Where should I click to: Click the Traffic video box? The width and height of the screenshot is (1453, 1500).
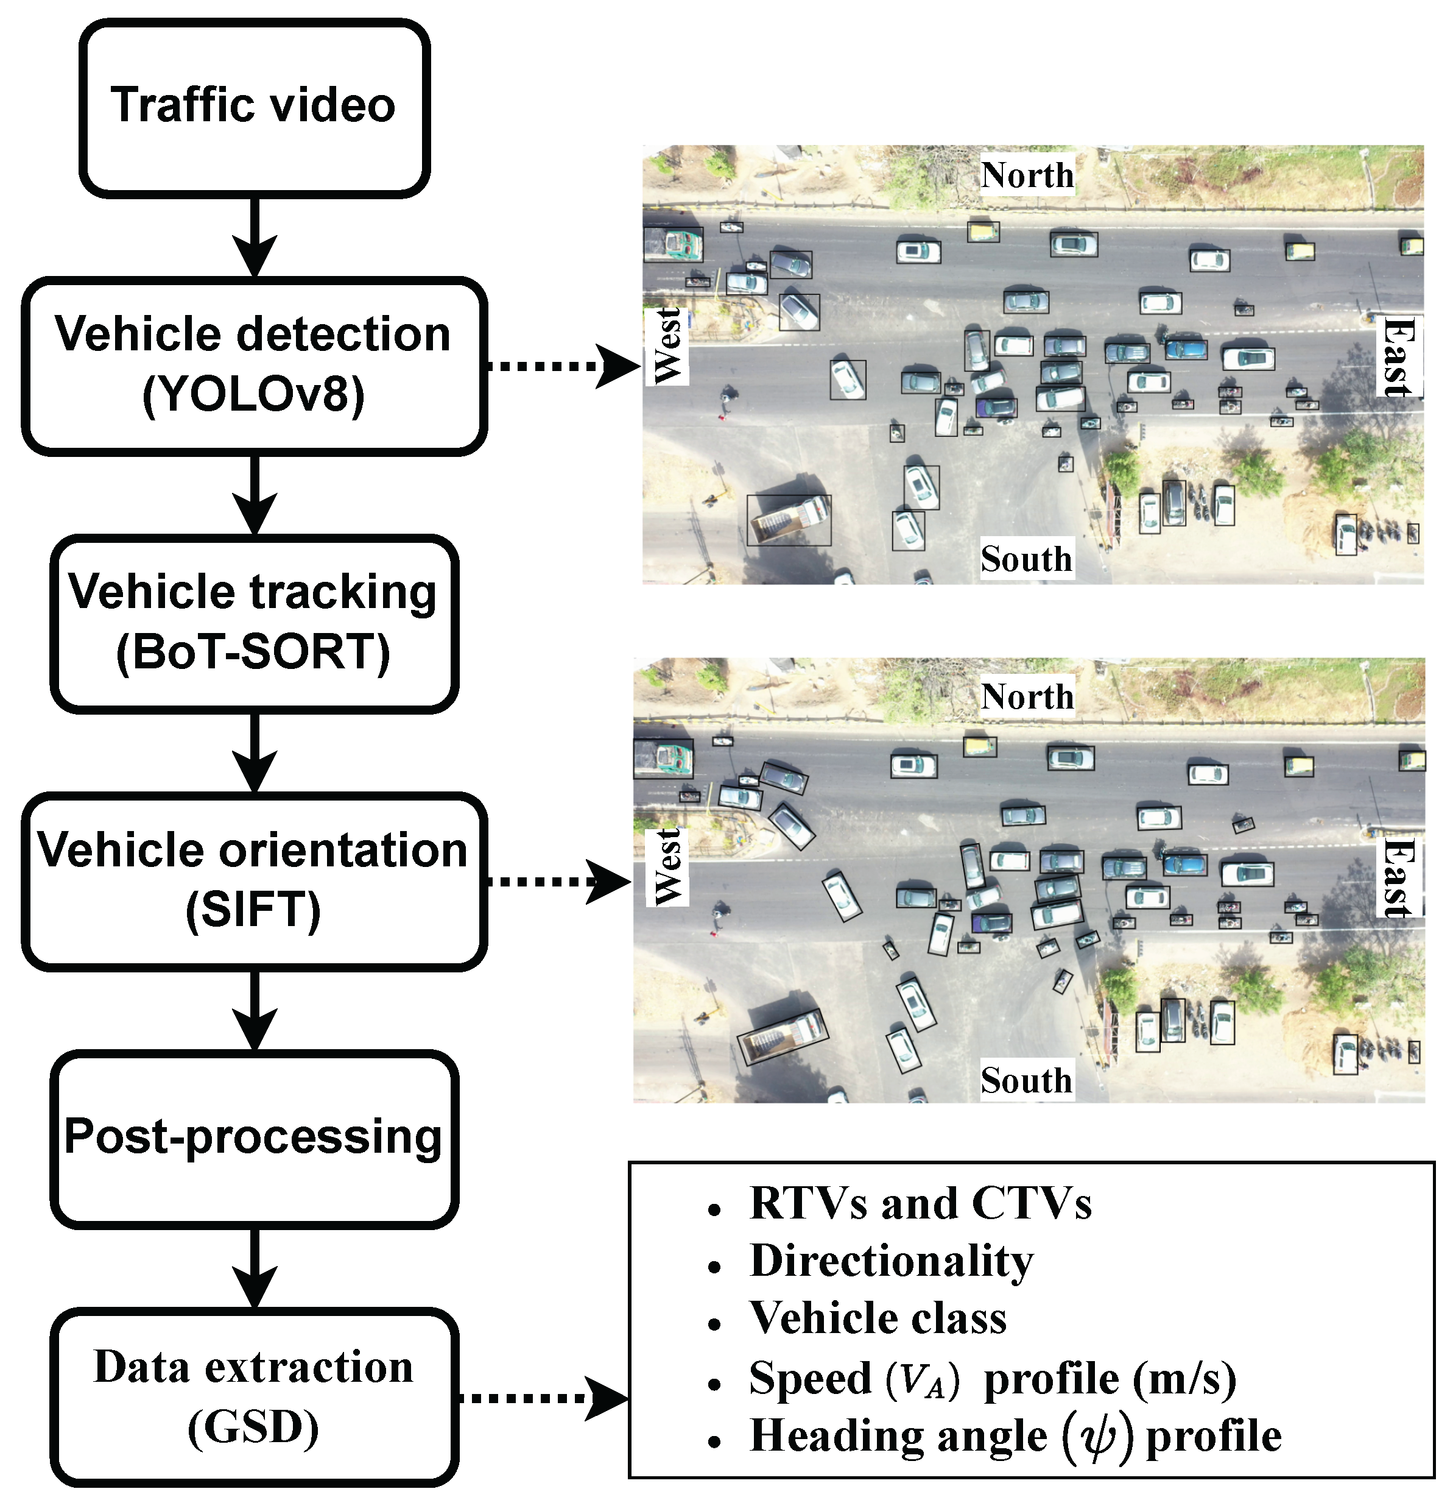tap(254, 108)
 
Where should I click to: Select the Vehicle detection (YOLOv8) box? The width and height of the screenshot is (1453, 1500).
tap(254, 366)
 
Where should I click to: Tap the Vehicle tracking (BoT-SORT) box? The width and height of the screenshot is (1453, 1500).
tap(254, 624)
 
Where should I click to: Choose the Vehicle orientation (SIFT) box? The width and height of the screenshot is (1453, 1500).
tap(254, 882)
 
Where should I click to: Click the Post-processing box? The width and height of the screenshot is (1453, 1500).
tap(254, 1139)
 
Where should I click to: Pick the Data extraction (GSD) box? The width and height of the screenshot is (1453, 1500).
tap(254, 1398)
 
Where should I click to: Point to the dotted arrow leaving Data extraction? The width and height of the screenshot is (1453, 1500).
tap(543, 1398)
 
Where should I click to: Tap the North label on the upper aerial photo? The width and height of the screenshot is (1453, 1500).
tap(1027, 175)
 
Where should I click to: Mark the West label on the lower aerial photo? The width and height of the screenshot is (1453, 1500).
tap(667, 867)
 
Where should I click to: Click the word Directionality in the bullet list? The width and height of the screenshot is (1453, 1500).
tap(892, 1260)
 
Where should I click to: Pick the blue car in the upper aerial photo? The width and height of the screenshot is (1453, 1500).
tap(1186, 350)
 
